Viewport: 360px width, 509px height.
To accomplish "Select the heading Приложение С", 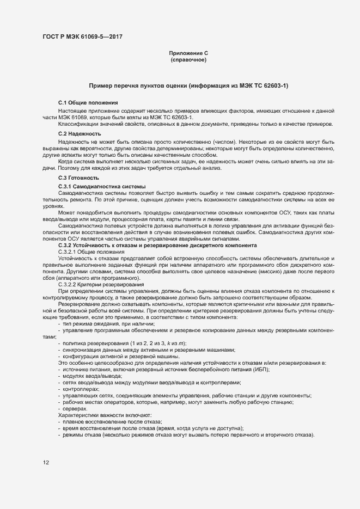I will tap(188, 53).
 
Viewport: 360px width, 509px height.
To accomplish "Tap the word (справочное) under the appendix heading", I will tap(188, 59).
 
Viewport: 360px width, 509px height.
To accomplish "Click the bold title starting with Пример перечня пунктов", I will tap(188, 86).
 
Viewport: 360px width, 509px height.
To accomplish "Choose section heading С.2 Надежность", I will tap(80, 134).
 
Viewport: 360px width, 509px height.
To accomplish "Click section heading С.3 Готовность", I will tap(78, 178).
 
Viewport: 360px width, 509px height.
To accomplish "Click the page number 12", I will tap(46, 463).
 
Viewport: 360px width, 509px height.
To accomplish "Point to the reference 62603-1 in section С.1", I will tap(179, 117).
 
